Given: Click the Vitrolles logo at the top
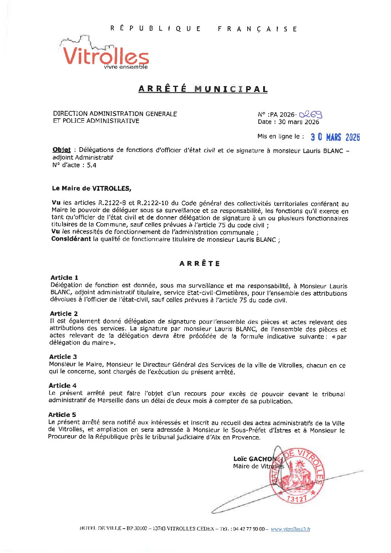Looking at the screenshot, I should coord(105,54).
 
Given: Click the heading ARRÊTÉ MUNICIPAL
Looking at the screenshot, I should coord(203,89).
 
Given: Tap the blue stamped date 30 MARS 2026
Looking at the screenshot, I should coord(335,137).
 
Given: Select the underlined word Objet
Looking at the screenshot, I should coord(61,150).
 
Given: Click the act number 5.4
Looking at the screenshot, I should coord(92,165).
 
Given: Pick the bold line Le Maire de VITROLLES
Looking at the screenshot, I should coord(92,188).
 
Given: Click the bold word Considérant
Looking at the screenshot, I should coord(71,239).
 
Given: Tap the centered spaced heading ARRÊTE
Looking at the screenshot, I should coord(200,264).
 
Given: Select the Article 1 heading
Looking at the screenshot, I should coord(64,278).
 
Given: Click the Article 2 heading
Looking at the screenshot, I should coord(64,313).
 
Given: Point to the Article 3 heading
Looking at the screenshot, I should coord(63,357).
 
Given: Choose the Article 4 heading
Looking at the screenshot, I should coord(62,386).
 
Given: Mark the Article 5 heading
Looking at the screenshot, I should coord(62,415).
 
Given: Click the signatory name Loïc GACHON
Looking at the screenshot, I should coord(254,459).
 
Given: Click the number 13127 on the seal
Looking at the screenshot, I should coord(297,499).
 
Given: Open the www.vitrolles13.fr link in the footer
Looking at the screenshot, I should coord(290,529).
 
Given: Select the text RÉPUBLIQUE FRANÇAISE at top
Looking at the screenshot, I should coord(204,29).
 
